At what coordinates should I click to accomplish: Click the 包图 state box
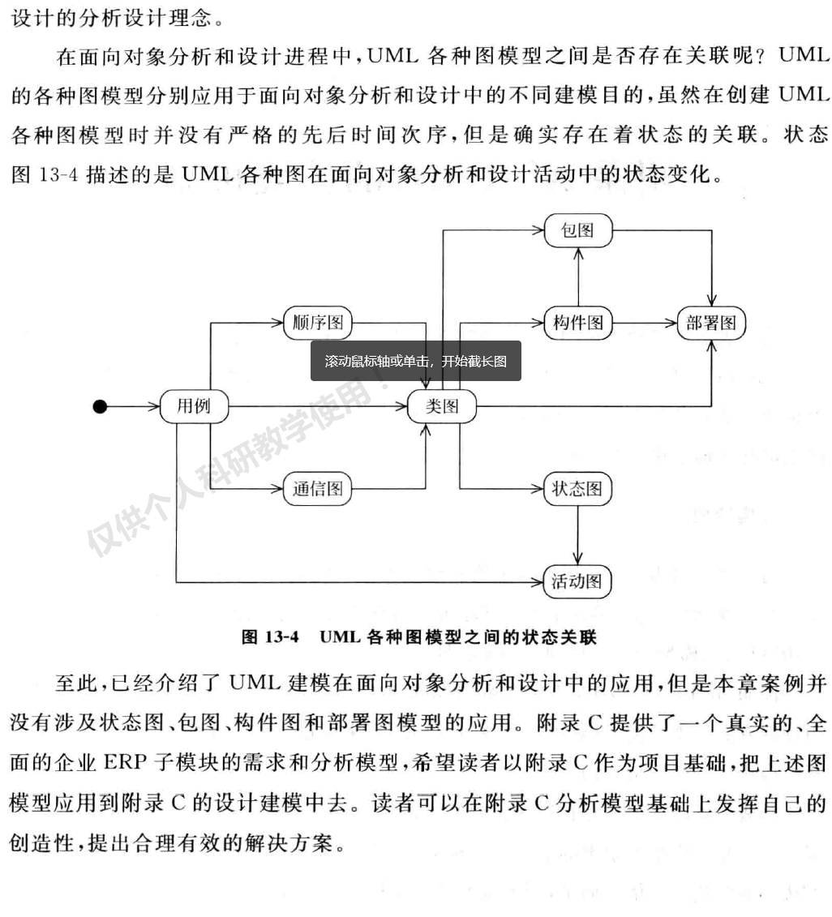[x=577, y=230]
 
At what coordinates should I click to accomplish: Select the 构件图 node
[x=577, y=323]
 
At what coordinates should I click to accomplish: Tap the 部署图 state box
[x=711, y=323]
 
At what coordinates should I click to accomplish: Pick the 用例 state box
[x=193, y=406]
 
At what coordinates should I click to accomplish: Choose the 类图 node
[x=442, y=406]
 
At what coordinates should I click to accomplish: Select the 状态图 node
[x=577, y=489]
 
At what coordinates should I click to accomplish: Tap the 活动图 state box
[x=577, y=581]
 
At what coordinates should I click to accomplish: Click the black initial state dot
[x=100, y=406]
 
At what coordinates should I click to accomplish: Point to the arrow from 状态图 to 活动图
[x=577, y=535]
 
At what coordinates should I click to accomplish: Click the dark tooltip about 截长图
[x=415, y=361]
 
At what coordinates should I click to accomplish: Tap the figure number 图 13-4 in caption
[x=271, y=636]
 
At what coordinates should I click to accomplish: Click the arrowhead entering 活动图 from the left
[x=537, y=581]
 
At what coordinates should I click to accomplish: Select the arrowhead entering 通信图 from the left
[x=277, y=489]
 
